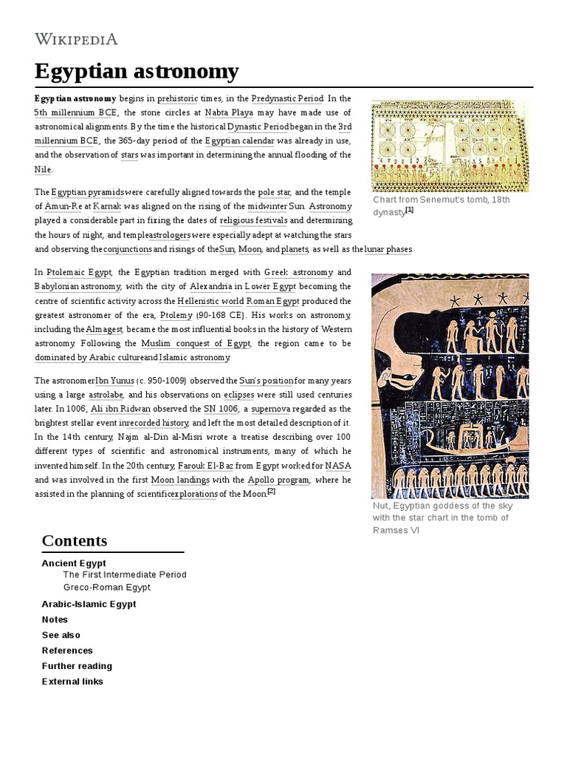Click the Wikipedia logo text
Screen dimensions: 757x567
(x=76, y=39)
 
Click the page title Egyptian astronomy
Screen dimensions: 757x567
(x=137, y=72)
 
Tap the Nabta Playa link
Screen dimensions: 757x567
(x=228, y=113)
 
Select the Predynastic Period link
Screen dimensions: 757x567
(x=287, y=99)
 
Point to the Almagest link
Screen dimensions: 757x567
(x=105, y=329)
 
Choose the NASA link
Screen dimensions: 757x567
(x=337, y=466)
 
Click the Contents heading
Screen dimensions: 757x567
(x=74, y=540)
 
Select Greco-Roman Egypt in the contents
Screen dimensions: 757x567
(x=106, y=588)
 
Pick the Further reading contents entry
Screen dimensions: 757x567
(x=77, y=666)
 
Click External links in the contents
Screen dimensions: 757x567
(x=72, y=682)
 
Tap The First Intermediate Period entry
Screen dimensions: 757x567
(x=124, y=574)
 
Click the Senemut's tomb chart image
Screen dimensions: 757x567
(x=450, y=146)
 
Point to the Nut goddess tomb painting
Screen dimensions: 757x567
(x=450, y=385)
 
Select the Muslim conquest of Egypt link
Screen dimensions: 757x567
(x=196, y=344)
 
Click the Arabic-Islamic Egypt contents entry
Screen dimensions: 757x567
(x=89, y=604)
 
